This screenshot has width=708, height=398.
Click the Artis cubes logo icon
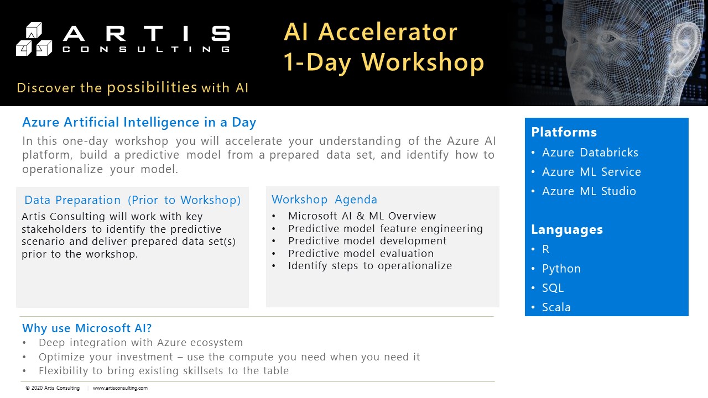tap(34, 39)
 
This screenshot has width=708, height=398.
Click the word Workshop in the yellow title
tap(423, 62)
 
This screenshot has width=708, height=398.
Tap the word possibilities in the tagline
tap(152, 87)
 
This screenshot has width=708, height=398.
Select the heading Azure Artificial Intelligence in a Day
tap(139, 122)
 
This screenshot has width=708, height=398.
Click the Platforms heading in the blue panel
tap(564, 132)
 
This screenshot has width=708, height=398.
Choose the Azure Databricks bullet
tap(590, 153)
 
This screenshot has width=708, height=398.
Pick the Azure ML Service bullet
tap(591, 172)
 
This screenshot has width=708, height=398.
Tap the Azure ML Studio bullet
tap(589, 191)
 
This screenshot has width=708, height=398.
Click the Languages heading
tap(567, 230)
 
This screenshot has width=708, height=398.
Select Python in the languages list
tap(561, 269)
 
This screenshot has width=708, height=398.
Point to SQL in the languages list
tap(553, 288)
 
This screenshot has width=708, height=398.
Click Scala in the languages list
tap(556, 307)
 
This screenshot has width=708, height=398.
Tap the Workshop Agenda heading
tap(324, 200)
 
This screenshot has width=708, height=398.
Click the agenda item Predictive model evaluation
tap(361, 253)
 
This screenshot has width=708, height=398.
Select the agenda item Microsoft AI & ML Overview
tap(362, 216)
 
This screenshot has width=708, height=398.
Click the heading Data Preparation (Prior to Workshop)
tap(133, 200)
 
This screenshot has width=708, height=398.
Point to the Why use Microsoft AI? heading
tap(87, 328)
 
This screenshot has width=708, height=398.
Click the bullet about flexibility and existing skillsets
tap(164, 371)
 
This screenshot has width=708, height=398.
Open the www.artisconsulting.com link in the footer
tap(120, 388)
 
